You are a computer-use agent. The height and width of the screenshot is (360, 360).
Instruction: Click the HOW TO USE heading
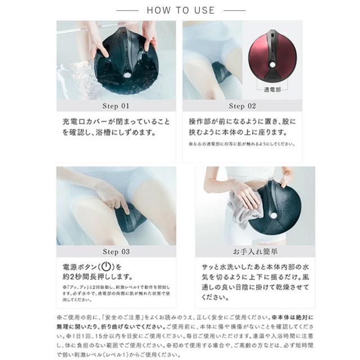(181, 10)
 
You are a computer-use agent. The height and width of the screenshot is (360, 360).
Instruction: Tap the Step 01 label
(115, 105)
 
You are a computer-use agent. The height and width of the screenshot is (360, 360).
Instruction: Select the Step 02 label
(242, 105)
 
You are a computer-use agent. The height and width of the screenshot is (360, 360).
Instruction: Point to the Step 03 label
(115, 251)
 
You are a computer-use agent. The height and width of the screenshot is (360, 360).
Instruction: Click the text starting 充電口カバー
(115, 127)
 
